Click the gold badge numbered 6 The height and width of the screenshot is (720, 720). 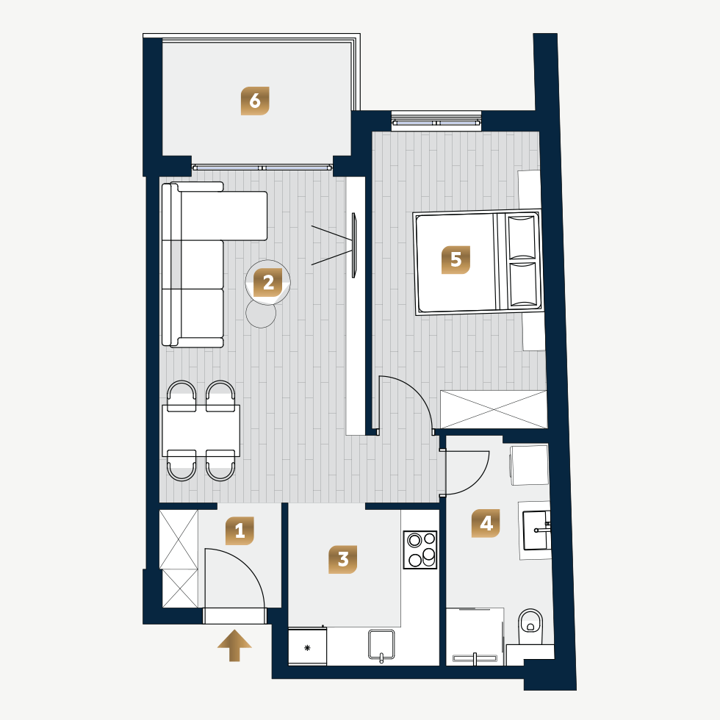(255, 101)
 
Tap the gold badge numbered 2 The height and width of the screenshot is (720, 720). (268, 283)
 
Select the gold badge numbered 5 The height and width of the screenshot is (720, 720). (456, 260)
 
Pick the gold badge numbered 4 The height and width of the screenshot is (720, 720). (486, 523)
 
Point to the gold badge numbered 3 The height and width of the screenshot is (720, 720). (342, 559)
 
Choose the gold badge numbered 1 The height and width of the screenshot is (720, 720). (240, 530)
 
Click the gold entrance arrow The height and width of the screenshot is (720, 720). (234, 646)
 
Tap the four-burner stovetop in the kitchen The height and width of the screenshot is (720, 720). (420, 550)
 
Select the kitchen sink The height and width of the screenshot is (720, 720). (381, 645)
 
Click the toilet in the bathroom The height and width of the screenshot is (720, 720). (530, 626)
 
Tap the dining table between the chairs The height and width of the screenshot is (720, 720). (201, 431)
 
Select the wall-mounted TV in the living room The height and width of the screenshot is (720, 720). (353, 245)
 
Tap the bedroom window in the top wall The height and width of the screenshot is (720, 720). (436, 123)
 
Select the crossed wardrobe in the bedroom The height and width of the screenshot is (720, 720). (494, 409)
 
